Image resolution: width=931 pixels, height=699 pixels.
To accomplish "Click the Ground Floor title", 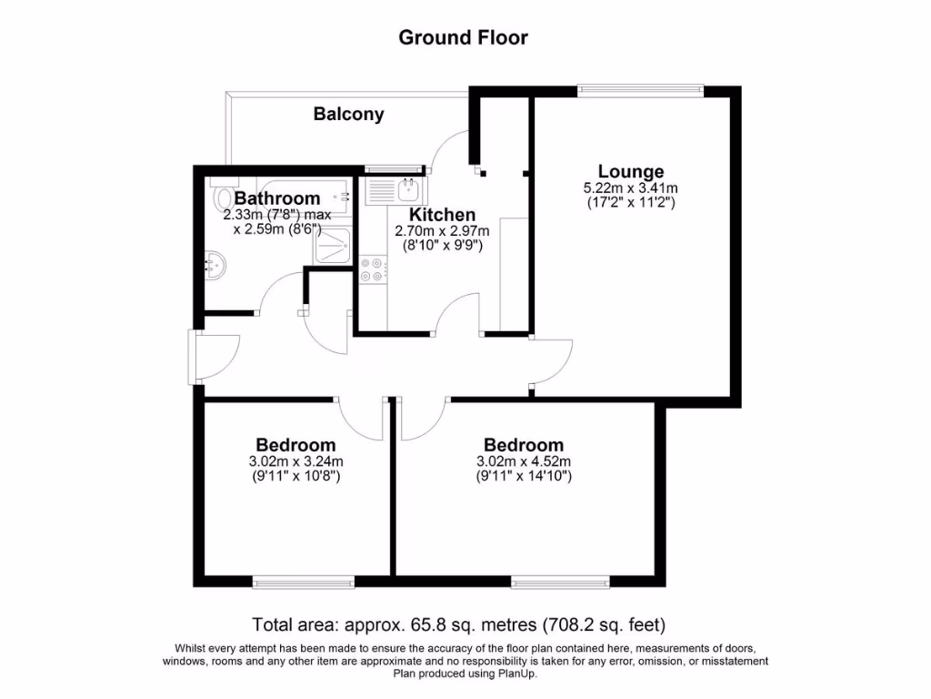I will [x=464, y=37].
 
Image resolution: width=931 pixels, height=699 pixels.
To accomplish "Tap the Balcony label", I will [x=348, y=115].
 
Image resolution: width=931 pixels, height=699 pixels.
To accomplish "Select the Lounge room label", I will [x=630, y=171].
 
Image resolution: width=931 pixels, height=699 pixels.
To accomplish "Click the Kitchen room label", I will [x=442, y=215].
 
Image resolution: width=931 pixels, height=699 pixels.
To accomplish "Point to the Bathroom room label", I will [x=277, y=198].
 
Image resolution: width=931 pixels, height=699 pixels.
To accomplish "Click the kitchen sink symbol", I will [x=392, y=191].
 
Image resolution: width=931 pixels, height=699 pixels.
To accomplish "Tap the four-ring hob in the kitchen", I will [x=372, y=269].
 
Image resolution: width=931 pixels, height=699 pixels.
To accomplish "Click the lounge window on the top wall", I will [x=641, y=88].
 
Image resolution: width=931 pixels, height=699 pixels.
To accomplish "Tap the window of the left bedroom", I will [x=304, y=582].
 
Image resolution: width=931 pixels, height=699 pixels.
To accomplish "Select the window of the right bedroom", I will [x=560, y=582].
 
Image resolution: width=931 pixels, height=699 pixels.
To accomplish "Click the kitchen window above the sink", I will [x=395, y=168].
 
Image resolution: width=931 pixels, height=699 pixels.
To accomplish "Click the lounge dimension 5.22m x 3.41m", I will [x=630, y=188].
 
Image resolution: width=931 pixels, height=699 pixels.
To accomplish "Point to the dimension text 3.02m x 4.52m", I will [x=523, y=461].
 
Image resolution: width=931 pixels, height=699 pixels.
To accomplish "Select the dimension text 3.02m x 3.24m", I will [x=295, y=461].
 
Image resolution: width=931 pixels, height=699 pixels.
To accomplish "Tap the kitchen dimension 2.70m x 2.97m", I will [x=442, y=231].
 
